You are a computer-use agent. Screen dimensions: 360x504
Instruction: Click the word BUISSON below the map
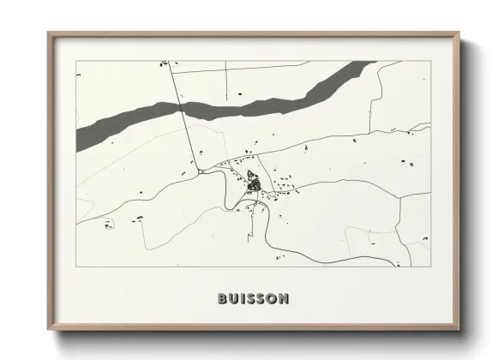[x=253, y=299]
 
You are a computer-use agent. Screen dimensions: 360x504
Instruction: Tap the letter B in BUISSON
[x=222, y=299]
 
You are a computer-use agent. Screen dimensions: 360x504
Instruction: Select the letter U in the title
[x=234, y=299]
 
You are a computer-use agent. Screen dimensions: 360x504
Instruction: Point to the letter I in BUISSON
[x=243, y=299]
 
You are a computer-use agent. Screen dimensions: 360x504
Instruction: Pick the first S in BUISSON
[x=251, y=299]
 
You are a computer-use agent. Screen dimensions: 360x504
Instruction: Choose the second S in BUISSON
[x=261, y=299]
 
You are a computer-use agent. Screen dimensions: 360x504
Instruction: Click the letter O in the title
[x=273, y=299]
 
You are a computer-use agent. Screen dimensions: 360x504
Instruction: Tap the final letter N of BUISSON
[x=285, y=299]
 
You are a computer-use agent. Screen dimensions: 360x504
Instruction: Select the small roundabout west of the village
[x=200, y=171]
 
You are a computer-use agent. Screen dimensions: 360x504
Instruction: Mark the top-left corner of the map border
[x=76, y=61]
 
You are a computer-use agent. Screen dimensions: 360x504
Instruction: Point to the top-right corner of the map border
[x=430, y=61]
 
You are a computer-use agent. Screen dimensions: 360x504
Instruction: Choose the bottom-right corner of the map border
[x=430, y=267]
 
